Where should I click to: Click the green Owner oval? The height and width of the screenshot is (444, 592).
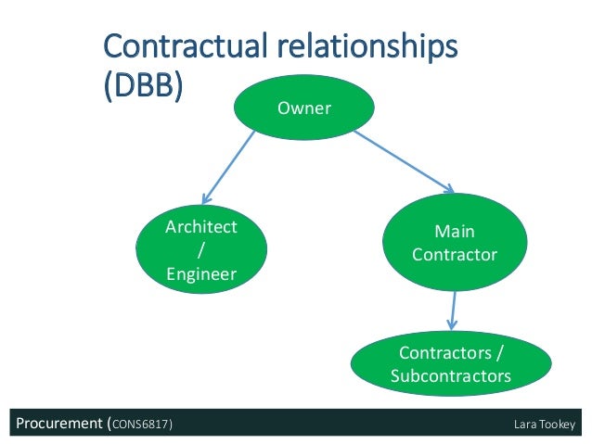coord(304,109)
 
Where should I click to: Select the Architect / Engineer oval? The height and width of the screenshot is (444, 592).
coord(200,249)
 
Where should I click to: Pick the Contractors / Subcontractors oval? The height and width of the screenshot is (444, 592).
coord(451,364)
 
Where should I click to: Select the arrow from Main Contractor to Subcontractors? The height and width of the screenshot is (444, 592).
coord(453,310)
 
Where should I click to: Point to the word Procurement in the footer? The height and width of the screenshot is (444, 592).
coord(57,425)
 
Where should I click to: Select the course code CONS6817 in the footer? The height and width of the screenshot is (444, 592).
coord(141,425)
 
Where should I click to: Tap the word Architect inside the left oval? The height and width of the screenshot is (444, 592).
coord(200,227)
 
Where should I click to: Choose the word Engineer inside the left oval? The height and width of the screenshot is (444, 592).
coord(200,273)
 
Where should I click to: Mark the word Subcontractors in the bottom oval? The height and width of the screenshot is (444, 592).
coord(451,376)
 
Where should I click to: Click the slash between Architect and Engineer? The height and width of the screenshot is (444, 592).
coord(200,250)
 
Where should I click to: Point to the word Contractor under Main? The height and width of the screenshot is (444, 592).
coord(455,253)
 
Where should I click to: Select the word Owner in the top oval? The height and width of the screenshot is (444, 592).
coord(304,109)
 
